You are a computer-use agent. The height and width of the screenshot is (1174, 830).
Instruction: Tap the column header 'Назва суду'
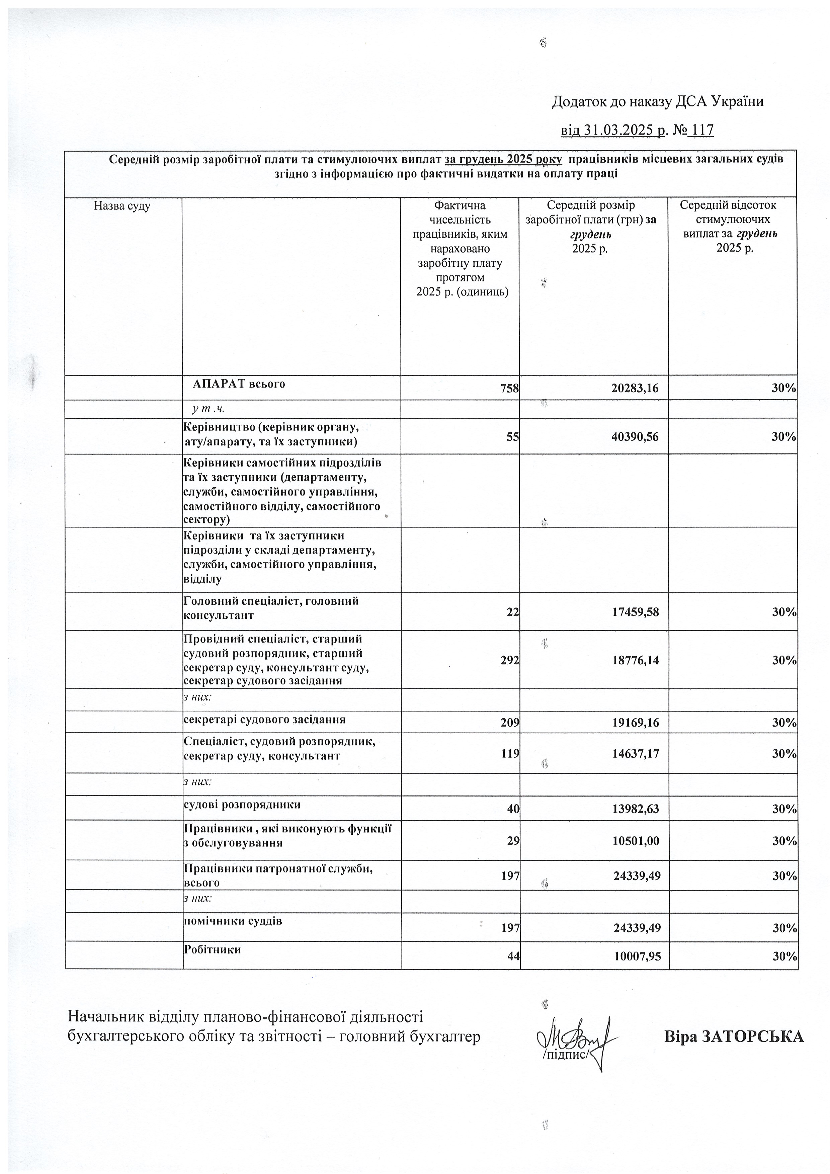click(x=122, y=206)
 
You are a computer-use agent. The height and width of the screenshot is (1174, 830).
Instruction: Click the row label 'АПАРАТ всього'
click(x=239, y=384)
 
